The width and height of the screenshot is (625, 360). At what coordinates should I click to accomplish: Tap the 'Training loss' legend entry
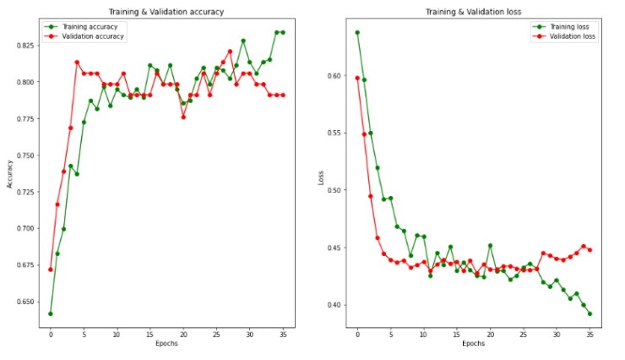point(568,27)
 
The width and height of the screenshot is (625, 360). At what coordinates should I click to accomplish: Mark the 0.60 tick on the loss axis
point(336,76)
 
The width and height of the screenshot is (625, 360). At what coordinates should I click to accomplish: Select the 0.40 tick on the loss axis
point(336,305)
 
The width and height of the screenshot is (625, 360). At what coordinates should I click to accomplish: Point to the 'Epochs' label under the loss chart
point(473,345)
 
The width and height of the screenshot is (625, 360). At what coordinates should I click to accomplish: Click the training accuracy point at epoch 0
point(51,314)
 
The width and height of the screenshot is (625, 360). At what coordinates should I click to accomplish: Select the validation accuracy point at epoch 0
point(51,270)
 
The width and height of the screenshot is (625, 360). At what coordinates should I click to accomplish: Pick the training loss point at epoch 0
point(357,32)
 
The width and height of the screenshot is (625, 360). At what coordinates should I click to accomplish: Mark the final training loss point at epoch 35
point(590,314)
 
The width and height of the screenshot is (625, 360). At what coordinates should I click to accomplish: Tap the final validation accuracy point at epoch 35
point(282,95)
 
